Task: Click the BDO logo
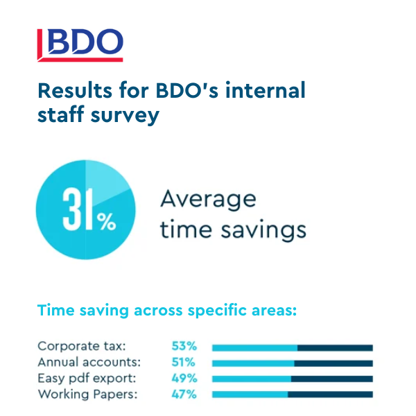tap(80, 45)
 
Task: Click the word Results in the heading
tap(75, 91)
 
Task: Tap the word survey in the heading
tap(125, 116)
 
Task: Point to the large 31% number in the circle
tap(89, 209)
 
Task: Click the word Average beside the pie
tap(208, 200)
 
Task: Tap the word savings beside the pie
tap(263, 230)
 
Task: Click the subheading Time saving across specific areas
tap(167, 310)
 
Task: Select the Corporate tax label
tap(82, 346)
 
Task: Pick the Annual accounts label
tap(89, 362)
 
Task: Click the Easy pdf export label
tap(87, 379)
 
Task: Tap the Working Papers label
tap(88, 395)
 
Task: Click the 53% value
tap(184, 346)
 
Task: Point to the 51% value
tap(183, 362)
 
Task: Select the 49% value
tap(184, 378)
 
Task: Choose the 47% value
tap(184, 395)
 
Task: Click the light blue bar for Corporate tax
tap(254, 348)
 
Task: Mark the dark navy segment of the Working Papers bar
tap(330, 395)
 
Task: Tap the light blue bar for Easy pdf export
tap(252, 379)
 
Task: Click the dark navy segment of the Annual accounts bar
tap(333, 363)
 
